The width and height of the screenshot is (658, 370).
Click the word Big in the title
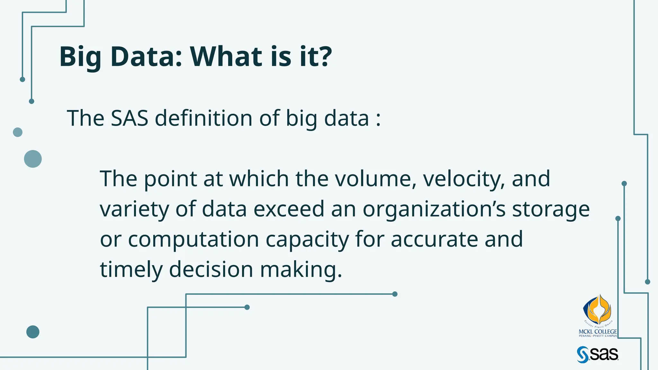tap(80, 57)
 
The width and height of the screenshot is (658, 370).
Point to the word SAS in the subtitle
tap(129, 118)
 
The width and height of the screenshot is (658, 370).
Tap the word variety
tap(134, 209)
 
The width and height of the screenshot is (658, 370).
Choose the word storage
tap(551, 209)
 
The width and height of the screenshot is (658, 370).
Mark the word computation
tap(193, 239)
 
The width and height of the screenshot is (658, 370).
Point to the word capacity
tap(307, 239)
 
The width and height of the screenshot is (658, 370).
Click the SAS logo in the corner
tap(598, 355)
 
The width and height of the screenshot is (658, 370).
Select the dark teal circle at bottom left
tap(33, 332)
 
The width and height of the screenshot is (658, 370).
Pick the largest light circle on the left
tap(33, 159)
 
